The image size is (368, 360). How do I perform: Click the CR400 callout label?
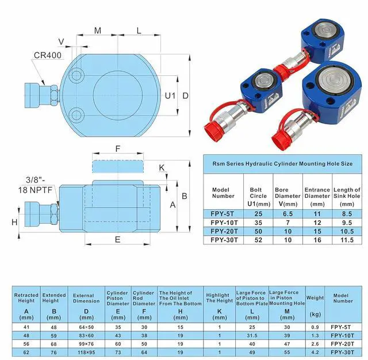tap(48, 55)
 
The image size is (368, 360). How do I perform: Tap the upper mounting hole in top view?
tap(76, 75)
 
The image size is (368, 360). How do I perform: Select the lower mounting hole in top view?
tap(76, 115)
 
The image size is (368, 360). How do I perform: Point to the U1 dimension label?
tap(170, 95)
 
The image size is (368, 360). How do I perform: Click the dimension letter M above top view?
tap(98, 30)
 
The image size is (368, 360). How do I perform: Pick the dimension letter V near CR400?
tap(61, 41)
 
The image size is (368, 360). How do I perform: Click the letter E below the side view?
tap(117, 239)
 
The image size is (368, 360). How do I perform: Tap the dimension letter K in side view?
tap(162, 167)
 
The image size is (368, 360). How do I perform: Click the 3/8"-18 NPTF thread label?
tap(35, 185)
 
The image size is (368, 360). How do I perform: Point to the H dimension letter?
tap(14, 222)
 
